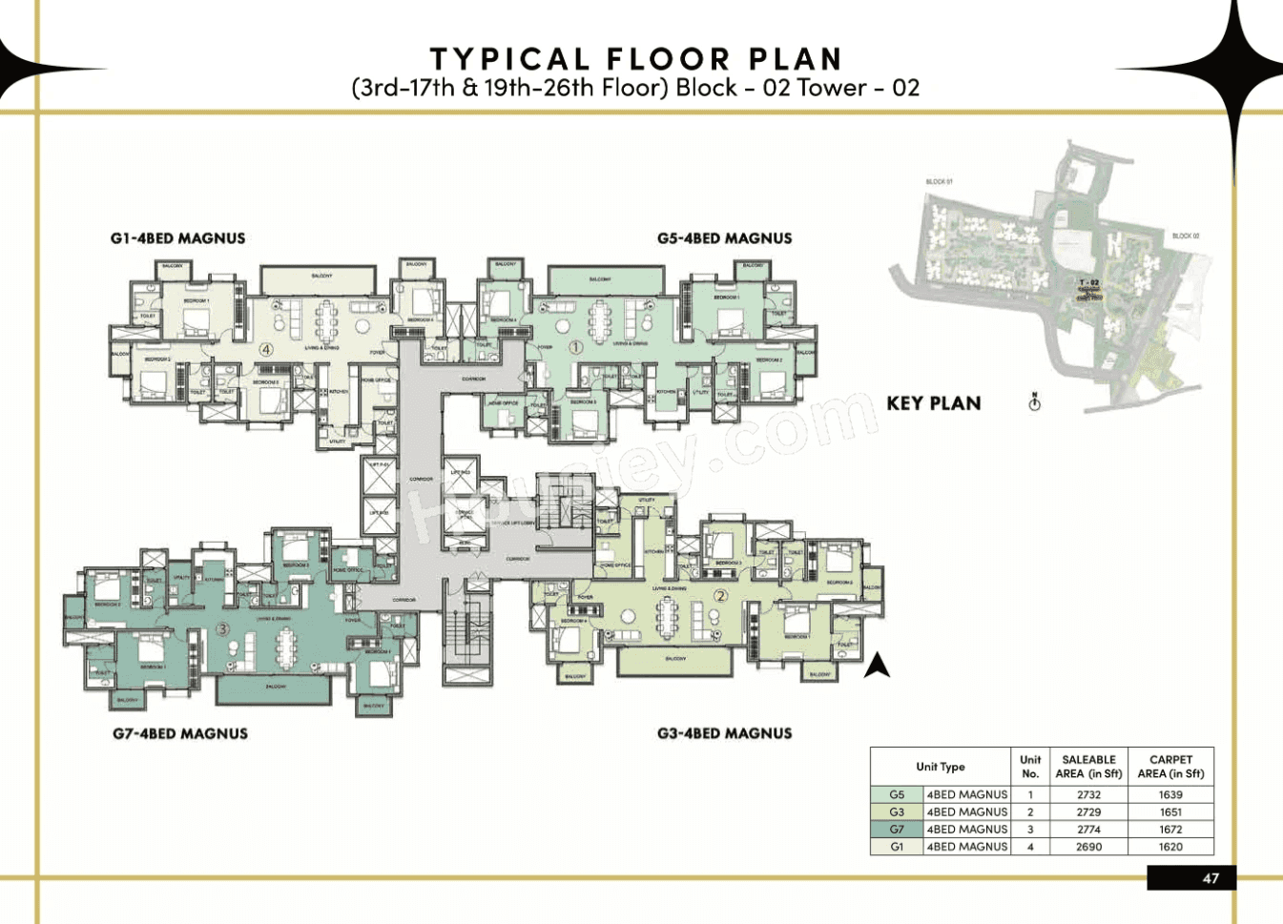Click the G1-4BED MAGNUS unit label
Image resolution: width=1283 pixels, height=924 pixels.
click(x=177, y=238)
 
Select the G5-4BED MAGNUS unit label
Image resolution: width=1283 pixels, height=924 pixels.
click(x=724, y=238)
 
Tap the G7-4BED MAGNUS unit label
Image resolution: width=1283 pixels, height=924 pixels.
click(x=180, y=733)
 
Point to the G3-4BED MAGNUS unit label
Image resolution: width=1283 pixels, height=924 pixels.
click(x=724, y=733)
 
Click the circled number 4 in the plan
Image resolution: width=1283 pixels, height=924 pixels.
click(x=266, y=349)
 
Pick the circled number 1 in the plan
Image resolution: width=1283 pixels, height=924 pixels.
click(x=575, y=348)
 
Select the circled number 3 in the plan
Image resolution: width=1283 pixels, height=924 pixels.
click(x=222, y=628)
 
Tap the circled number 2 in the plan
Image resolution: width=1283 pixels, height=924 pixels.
click(x=720, y=596)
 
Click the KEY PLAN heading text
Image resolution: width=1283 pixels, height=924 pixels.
click(x=934, y=403)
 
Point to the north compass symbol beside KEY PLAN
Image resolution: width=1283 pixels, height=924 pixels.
click(x=1034, y=402)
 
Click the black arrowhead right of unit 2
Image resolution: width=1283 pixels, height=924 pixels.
click(x=877, y=666)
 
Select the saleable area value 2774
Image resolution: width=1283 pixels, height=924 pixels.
click(x=1088, y=830)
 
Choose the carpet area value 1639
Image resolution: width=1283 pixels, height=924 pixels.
click(x=1170, y=794)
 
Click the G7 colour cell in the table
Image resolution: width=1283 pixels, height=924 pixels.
click(x=897, y=830)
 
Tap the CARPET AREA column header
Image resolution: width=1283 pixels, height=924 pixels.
click(x=1170, y=767)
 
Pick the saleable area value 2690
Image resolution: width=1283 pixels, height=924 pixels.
click(x=1088, y=847)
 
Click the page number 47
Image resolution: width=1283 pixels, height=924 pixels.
click(x=1211, y=878)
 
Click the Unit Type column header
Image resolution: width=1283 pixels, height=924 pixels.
click(x=940, y=767)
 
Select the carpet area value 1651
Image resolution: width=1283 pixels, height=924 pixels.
click(x=1170, y=812)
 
